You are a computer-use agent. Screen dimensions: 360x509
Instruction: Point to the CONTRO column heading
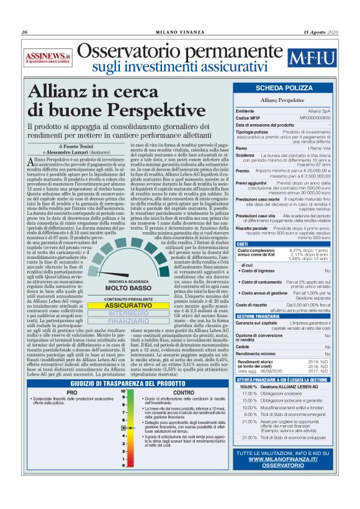[x=184, y=392]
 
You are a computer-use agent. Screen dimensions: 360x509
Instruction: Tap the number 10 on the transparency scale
[x=124, y=392]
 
